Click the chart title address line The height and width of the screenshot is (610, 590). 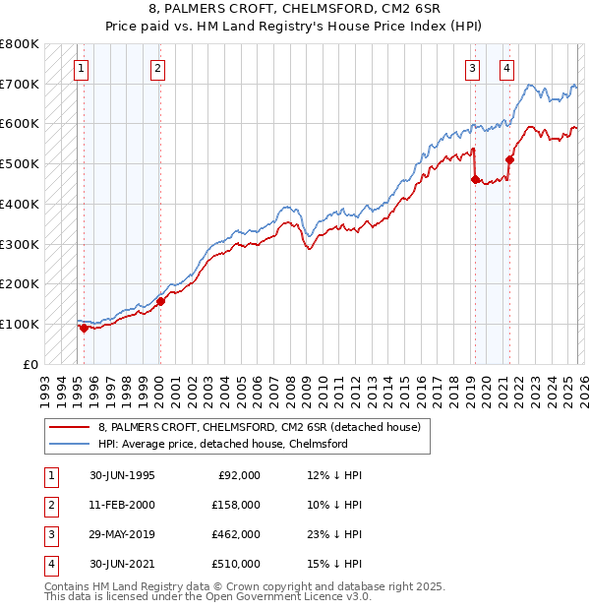click(x=294, y=10)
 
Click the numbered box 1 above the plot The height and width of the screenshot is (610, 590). click(x=80, y=68)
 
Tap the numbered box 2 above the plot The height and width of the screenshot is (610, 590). click(x=157, y=68)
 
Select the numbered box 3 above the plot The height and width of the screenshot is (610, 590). click(x=473, y=68)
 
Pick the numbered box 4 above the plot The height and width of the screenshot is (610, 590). click(x=506, y=68)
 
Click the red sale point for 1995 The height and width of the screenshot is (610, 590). click(x=85, y=329)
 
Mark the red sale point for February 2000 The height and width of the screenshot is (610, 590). click(x=160, y=301)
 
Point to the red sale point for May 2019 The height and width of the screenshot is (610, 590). click(x=475, y=179)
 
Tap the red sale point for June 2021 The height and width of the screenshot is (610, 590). click(x=509, y=159)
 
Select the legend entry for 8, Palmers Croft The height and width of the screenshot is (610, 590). click(x=260, y=427)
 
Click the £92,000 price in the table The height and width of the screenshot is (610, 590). click(x=238, y=475)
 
